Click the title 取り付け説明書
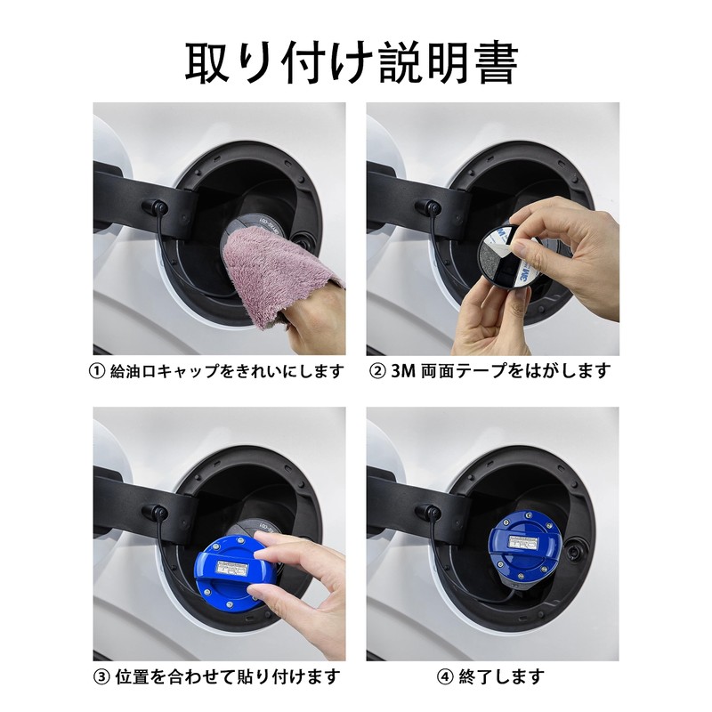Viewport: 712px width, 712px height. (x=352, y=62)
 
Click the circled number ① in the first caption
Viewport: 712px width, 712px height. (x=97, y=372)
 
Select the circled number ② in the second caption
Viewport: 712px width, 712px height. (x=377, y=372)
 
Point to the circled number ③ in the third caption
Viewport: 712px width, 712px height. (x=101, y=677)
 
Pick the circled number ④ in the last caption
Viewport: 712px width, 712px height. (x=444, y=677)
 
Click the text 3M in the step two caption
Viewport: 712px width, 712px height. (x=403, y=372)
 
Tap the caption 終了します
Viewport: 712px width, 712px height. (x=501, y=676)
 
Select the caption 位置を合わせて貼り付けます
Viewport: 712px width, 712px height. (x=228, y=676)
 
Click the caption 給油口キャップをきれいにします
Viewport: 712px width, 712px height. (x=226, y=372)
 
